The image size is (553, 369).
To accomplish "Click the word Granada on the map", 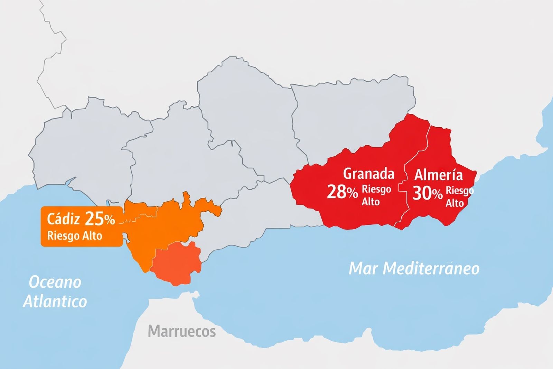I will point(368,174).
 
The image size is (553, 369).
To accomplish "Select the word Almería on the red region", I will point(438,175).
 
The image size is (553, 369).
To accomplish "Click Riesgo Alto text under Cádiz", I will point(74,236).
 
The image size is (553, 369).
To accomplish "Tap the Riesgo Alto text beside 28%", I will point(376,195).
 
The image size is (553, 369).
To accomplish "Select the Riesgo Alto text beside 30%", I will point(459,197).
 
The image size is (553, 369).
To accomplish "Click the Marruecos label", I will point(182,331).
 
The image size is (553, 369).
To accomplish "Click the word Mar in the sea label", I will point(363,268).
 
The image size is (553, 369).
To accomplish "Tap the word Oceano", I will point(55,282).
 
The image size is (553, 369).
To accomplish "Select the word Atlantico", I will point(55,301).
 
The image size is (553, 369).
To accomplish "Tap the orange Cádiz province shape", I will point(162,225).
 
